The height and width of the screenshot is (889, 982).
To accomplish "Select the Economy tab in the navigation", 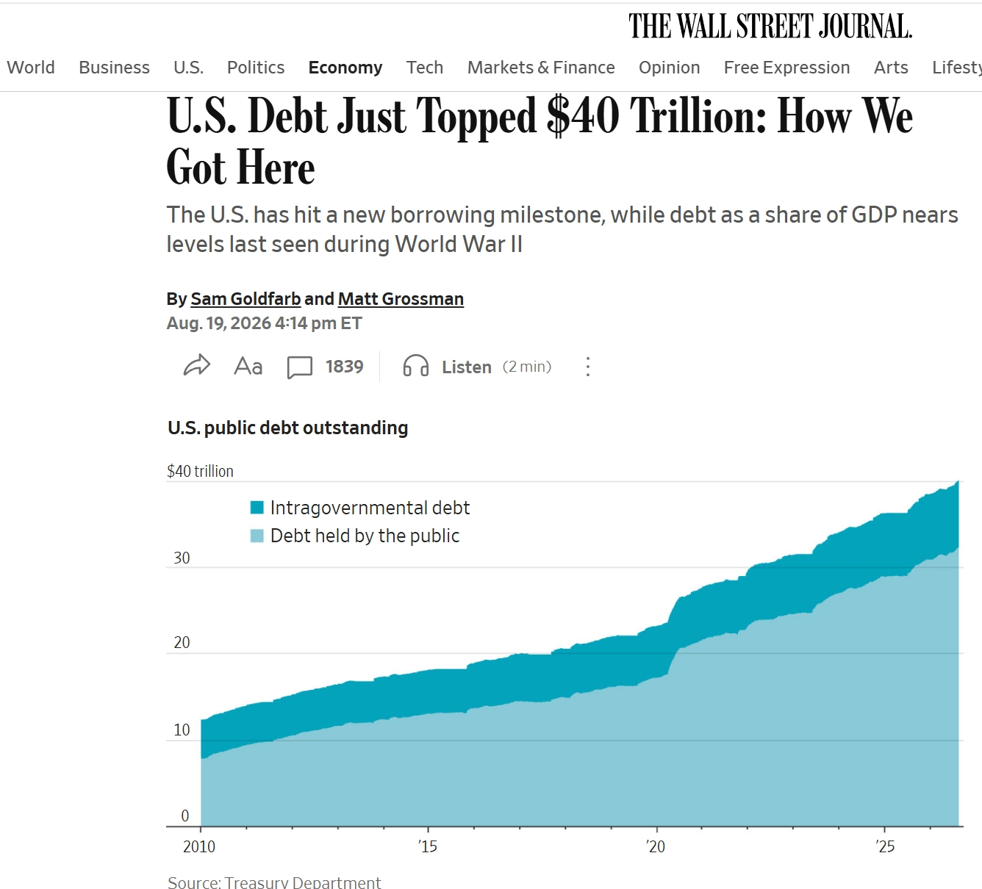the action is pos(345,68).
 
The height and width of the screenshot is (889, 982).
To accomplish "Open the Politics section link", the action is pos(256,68).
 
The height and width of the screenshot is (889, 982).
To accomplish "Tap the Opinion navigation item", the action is pos(669,68).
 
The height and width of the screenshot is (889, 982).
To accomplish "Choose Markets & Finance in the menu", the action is pos(541,68).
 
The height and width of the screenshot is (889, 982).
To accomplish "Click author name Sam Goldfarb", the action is pos(246,298).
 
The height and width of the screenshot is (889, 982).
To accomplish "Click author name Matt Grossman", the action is pos(401,298).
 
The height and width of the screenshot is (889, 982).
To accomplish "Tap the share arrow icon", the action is pos(197,365).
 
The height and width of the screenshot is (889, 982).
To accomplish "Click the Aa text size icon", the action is pos(248,366).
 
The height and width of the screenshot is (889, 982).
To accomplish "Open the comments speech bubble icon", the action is pos(300,367).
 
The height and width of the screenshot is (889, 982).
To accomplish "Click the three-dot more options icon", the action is pos(588,367).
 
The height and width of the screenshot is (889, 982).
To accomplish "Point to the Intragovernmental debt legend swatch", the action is pos(257,508).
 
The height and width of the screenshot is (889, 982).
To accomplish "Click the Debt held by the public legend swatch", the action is pos(257,536).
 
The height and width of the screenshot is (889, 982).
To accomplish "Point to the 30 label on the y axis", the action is pos(182,558).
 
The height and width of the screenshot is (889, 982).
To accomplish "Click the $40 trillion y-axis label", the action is pos(200,471).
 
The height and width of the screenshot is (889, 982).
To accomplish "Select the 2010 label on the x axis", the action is pos(199,846).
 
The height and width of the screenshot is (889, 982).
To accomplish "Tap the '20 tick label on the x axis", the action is pos(656,846).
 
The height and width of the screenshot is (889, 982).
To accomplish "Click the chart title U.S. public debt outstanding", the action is pos(288,428).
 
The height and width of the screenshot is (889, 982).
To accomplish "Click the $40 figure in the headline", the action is pos(583,116).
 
